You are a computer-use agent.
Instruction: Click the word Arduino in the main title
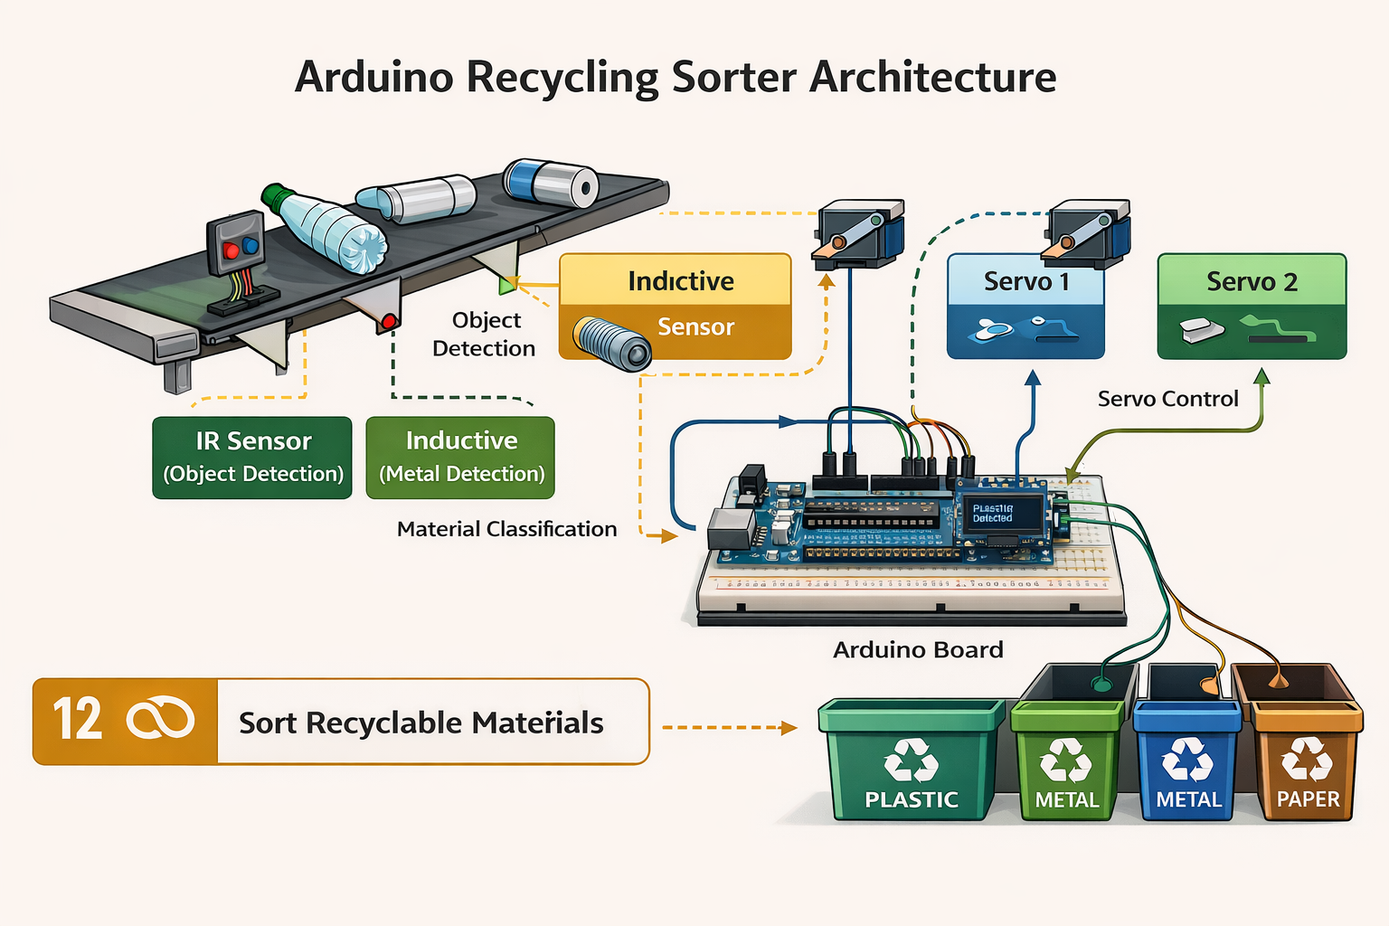373,77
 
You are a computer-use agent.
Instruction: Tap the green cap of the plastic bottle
275,195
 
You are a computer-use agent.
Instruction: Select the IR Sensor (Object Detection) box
252,458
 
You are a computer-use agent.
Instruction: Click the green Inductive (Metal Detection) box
460,458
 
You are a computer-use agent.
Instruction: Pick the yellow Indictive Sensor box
676,306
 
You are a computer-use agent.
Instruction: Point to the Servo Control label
1167,399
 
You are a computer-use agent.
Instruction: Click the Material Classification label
506,529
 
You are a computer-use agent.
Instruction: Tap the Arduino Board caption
918,650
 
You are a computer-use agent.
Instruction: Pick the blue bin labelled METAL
1187,764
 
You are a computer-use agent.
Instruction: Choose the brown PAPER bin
1308,764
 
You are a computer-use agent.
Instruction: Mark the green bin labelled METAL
1067,764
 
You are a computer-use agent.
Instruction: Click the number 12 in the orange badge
77,721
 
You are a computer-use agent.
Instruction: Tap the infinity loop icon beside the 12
160,721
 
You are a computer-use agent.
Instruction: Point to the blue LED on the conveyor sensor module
250,245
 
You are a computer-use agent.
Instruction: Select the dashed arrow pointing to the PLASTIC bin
729,727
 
